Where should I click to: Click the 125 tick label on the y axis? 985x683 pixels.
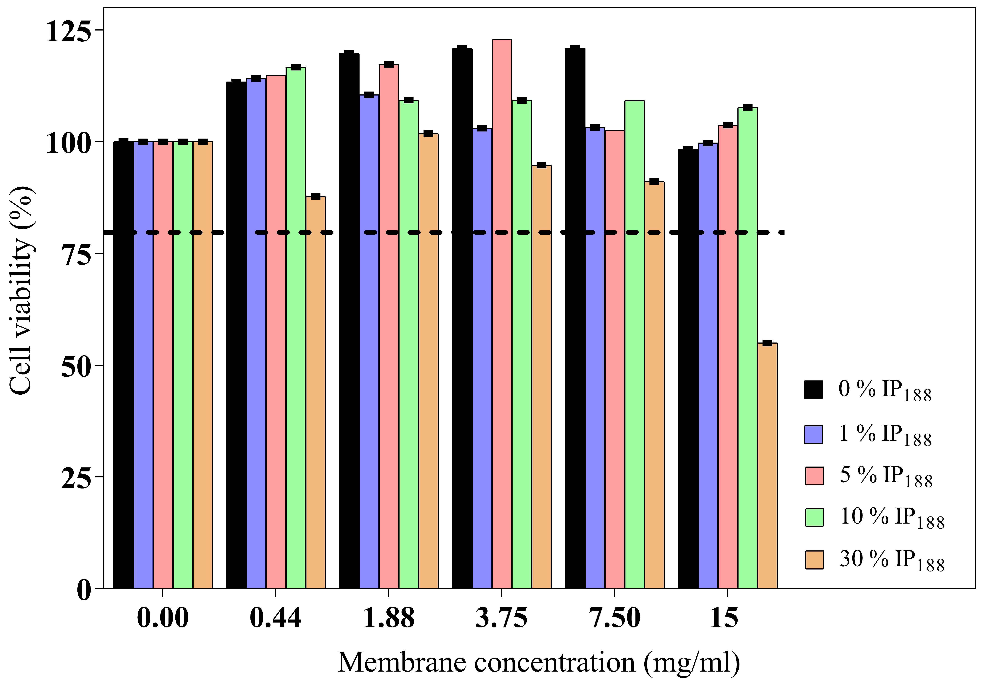(x=69, y=31)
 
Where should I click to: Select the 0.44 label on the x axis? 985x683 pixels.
(x=275, y=617)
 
